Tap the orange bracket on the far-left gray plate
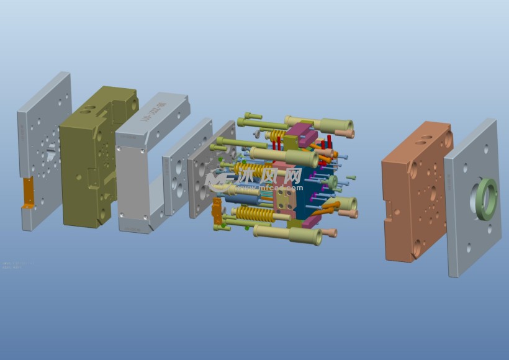28,192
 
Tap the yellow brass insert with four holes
286,200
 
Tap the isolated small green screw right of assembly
351,178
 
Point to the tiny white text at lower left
16,265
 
